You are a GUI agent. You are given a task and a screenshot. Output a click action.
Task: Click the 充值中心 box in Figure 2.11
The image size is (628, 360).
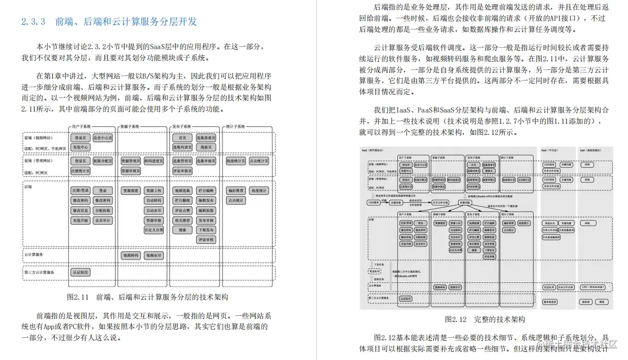click(x=81, y=147)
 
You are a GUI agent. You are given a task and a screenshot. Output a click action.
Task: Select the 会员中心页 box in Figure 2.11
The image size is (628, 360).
click(x=103, y=138)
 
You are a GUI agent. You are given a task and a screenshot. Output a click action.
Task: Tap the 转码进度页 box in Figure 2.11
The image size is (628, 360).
click(x=154, y=161)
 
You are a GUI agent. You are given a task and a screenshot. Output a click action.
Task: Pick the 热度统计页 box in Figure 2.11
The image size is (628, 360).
click(x=237, y=161)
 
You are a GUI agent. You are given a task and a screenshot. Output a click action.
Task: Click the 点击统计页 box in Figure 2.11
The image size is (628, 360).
click(x=261, y=161)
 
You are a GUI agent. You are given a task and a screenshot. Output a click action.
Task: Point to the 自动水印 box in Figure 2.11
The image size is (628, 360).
click(x=154, y=210)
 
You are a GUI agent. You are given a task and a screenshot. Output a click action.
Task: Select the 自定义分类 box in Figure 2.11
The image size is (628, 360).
click(x=154, y=230)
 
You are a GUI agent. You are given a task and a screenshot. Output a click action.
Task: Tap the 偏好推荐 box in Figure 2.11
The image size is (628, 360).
click(x=237, y=191)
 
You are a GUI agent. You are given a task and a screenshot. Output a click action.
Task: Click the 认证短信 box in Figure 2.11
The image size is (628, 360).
click(x=81, y=272)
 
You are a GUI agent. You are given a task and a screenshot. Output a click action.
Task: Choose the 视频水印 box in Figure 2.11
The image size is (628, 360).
click(x=154, y=256)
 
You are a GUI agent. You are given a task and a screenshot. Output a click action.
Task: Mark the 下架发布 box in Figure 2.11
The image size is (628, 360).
click(x=206, y=230)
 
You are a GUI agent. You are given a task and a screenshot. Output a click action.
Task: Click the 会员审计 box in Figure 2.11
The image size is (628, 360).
click(x=103, y=220)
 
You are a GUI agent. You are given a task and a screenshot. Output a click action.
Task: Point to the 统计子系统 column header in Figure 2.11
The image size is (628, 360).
click(x=235, y=126)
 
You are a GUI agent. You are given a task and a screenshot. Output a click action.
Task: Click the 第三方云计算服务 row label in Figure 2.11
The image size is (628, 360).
click(x=40, y=272)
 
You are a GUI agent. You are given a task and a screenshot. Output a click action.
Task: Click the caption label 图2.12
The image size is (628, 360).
click(x=455, y=319)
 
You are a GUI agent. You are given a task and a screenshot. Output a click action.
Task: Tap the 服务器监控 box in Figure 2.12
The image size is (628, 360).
click(x=550, y=302)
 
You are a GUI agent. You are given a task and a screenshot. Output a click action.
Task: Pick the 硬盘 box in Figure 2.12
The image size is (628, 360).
click(x=602, y=302)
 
